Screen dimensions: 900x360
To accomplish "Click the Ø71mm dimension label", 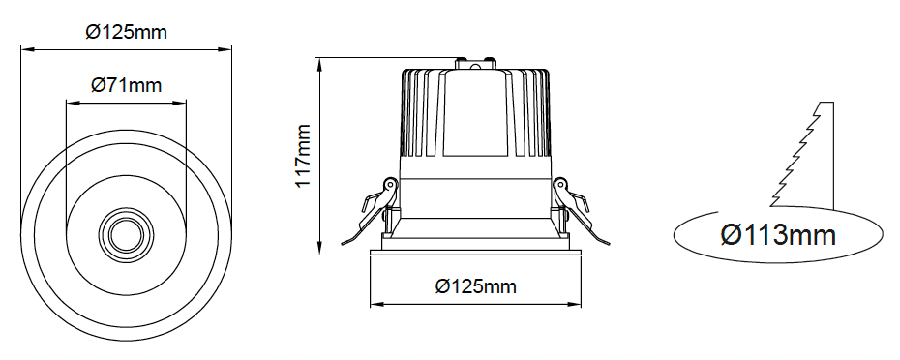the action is [x=126, y=85].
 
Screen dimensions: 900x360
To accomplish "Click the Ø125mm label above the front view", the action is [x=126, y=32].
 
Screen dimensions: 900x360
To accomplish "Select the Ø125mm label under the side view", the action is [x=475, y=285].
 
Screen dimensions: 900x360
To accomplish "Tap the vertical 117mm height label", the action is [x=303, y=156].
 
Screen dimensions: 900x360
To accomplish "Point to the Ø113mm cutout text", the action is [x=778, y=235].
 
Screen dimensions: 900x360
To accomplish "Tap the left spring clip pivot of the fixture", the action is [x=390, y=185].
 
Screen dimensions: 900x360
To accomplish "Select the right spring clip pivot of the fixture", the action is [x=559, y=185].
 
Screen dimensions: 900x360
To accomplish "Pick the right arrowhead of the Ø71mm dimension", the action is [x=181, y=104].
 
